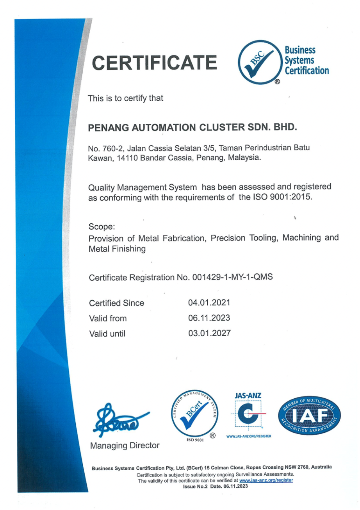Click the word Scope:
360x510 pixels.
tap(102, 227)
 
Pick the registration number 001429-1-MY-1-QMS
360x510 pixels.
tap(232, 278)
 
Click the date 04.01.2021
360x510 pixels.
tap(209, 303)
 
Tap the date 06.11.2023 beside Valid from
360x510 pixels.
tap(209, 318)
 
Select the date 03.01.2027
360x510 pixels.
tap(209, 333)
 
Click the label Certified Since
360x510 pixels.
tap(117, 303)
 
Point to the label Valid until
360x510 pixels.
tap(107, 334)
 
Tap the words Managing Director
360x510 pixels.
tap(125, 445)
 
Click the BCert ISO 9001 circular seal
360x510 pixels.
tap(194, 416)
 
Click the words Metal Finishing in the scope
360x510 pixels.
tap(118, 249)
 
